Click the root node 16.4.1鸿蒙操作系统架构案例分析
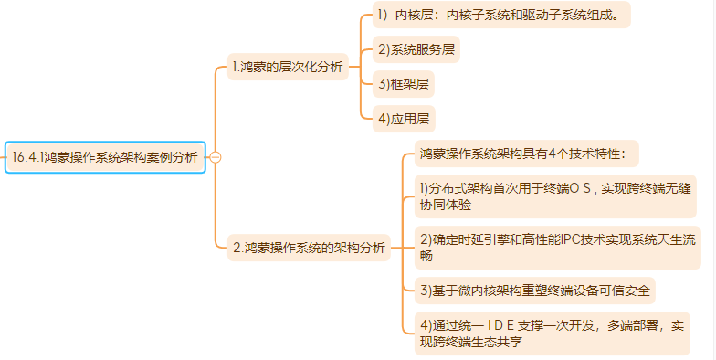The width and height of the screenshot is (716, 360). (x=106, y=157)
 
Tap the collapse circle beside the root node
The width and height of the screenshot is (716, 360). (x=216, y=157)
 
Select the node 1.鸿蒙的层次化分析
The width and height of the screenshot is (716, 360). (x=289, y=67)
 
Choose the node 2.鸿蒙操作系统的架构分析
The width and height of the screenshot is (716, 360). (x=309, y=249)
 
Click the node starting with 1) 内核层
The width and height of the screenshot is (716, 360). (x=501, y=15)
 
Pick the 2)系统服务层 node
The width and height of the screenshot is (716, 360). (x=416, y=49)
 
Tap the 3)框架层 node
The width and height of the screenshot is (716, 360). (x=404, y=84)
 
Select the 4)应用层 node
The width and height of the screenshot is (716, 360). (x=404, y=119)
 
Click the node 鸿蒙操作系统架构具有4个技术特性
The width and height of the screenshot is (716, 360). (x=526, y=154)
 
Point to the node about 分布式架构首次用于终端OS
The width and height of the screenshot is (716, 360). (x=555, y=196)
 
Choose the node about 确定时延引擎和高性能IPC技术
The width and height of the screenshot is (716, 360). (x=557, y=248)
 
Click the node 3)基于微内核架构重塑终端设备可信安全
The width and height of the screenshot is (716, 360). (x=535, y=291)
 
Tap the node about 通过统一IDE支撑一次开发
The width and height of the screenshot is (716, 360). (x=552, y=334)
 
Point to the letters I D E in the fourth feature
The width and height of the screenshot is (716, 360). (x=500, y=325)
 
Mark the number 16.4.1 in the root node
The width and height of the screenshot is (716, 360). (x=28, y=157)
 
